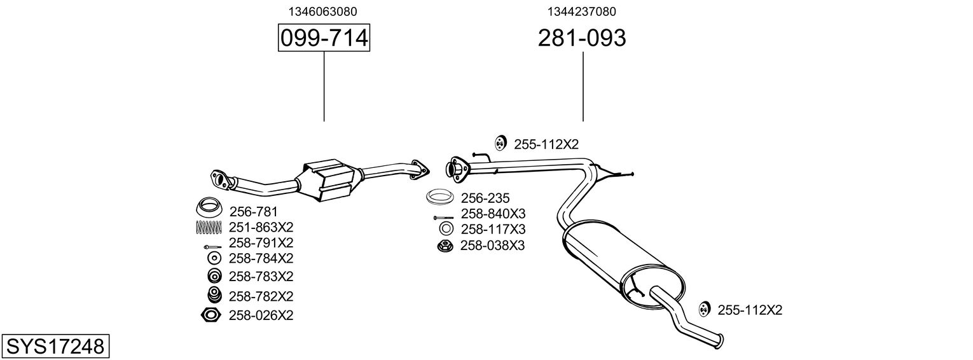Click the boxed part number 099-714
tap(324, 38)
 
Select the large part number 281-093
tap(582, 38)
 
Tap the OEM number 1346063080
tap(322, 11)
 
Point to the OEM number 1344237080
tap(581, 11)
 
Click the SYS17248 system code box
tap(55, 347)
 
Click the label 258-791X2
tap(261, 243)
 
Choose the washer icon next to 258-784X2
tap(214, 258)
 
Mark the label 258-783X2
tap(261, 277)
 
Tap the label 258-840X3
tap(493, 214)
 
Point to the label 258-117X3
tap(493, 229)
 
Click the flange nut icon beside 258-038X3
tap(445, 246)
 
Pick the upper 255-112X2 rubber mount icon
tap(500, 144)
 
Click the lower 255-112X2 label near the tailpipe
tap(750, 310)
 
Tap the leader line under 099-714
tap(324, 86)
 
